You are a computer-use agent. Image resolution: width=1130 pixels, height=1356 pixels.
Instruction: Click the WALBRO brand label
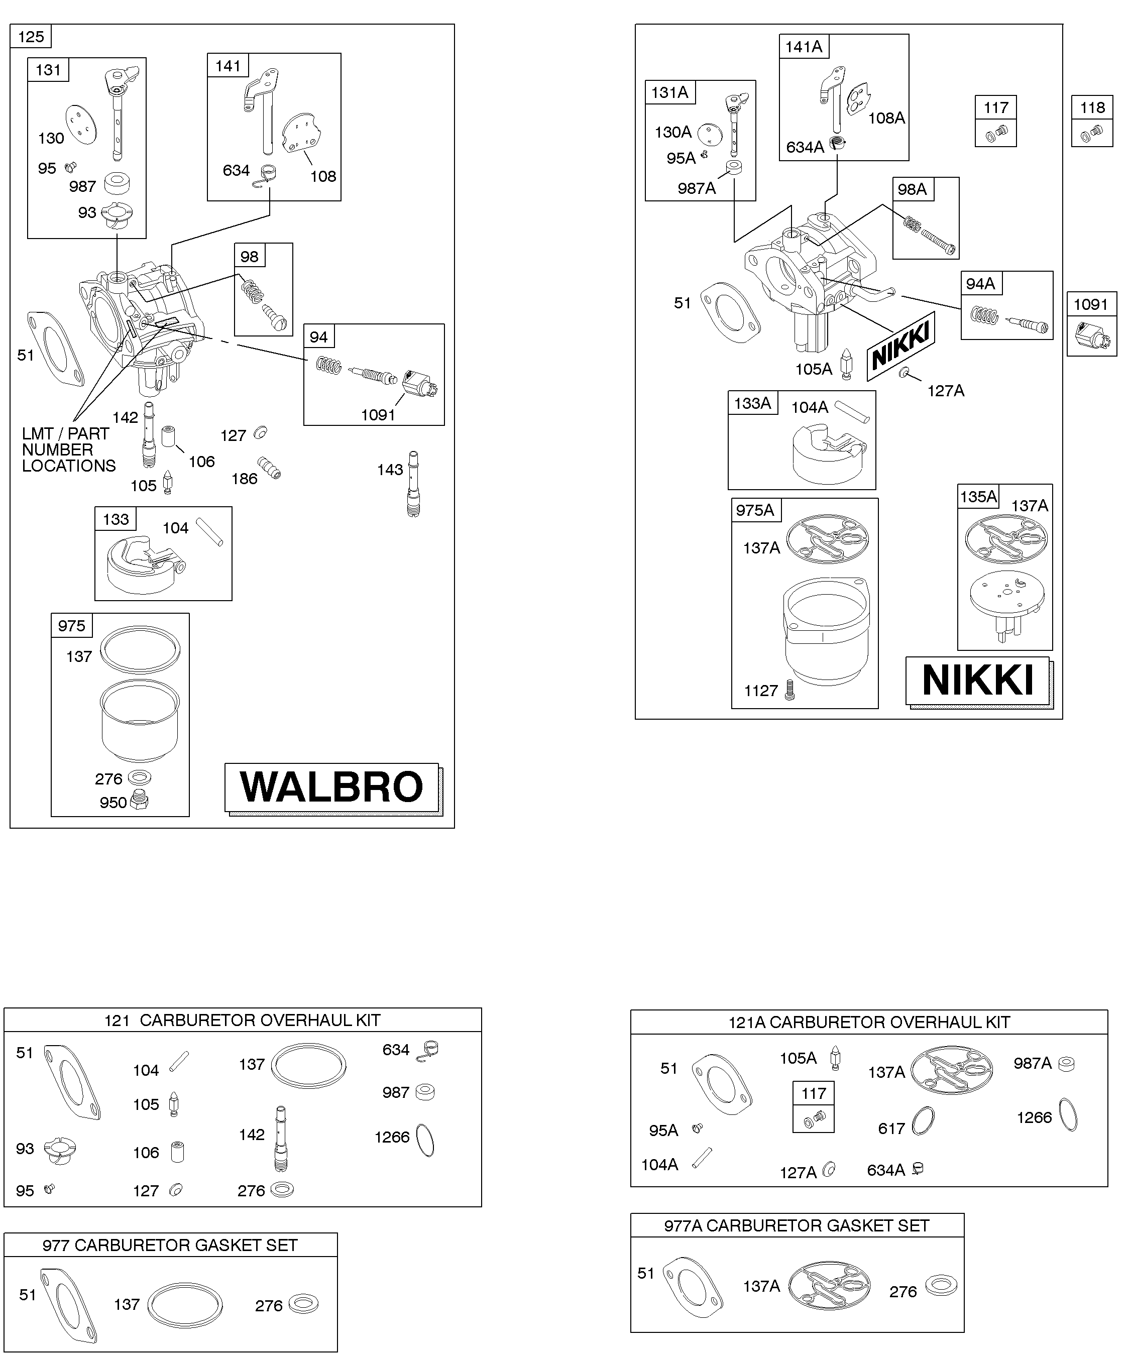point(332,786)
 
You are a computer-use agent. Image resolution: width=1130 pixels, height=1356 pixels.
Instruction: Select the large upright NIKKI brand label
point(978,680)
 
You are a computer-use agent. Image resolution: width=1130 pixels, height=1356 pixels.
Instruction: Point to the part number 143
point(390,470)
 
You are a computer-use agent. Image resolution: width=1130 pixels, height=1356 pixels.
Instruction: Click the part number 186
point(244,479)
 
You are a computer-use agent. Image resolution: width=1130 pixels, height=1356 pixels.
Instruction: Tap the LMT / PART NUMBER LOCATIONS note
point(68,449)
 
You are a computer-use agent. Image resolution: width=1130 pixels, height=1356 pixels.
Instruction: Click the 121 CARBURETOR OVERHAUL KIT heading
point(242,1020)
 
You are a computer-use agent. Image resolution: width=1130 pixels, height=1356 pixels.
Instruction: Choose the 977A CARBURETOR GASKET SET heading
point(797,1225)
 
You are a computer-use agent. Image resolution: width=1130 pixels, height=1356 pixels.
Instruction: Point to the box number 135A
point(978,497)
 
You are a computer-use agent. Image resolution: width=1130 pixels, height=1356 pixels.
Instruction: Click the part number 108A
point(886,118)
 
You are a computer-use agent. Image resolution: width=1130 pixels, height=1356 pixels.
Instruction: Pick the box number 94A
point(980,283)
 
